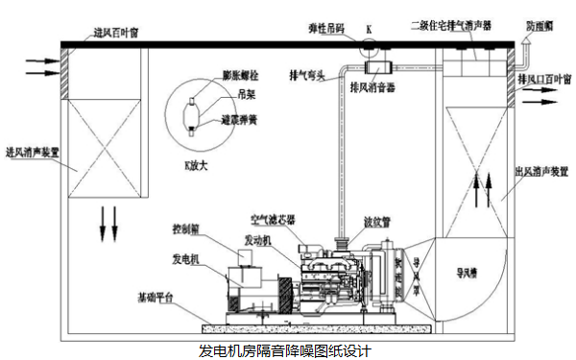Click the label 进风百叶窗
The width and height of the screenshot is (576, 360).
[x=117, y=33]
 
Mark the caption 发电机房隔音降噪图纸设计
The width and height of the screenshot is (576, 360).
[x=284, y=349]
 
